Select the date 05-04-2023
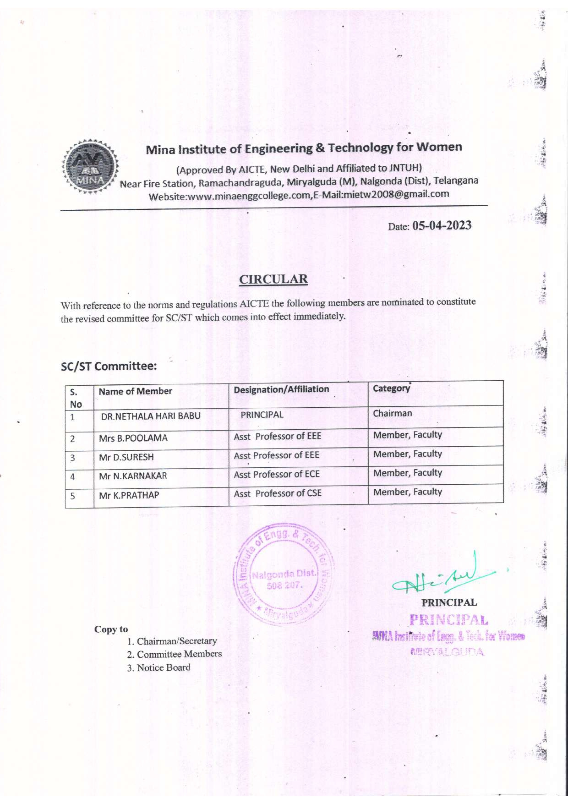[x=442, y=225]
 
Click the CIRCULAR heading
[x=273, y=279]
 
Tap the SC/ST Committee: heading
[x=109, y=366]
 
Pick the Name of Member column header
[x=135, y=391]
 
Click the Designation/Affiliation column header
[x=281, y=389]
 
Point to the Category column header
[x=391, y=388]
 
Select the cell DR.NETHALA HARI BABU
[x=151, y=416]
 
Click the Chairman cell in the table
[x=393, y=413]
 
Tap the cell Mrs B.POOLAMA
[x=133, y=438]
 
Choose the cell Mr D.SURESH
[x=126, y=457]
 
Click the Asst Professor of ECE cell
[x=277, y=474]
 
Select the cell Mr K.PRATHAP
[x=129, y=495]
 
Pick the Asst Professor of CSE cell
[x=278, y=493]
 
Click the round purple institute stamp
[x=284, y=574]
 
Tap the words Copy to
[x=111, y=629]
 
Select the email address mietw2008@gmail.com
[x=396, y=194]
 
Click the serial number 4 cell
[x=73, y=476]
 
